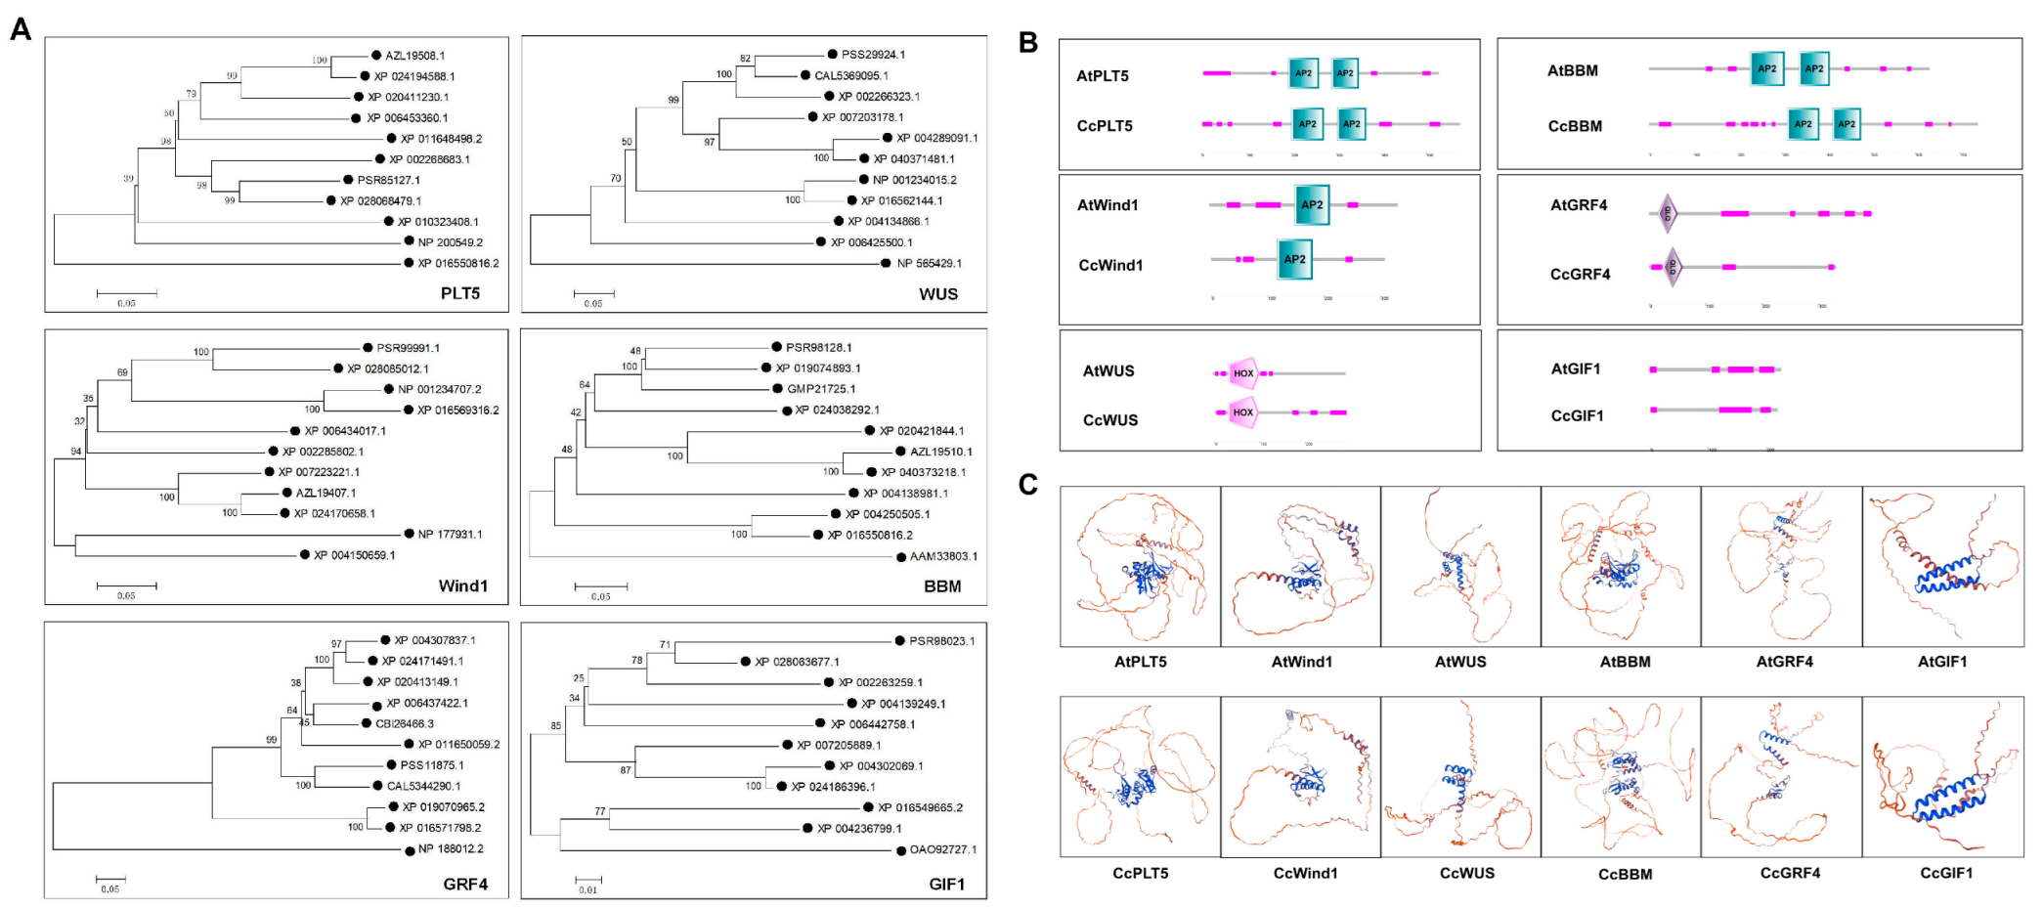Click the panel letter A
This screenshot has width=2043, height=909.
click(x=21, y=29)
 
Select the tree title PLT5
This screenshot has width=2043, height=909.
click(x=459, y=293)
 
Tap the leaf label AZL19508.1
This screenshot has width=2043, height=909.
click(x=414, y=56)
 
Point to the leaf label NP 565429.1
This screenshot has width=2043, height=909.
click(x=929, y=263)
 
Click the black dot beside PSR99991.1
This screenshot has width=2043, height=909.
click(x=368, y=348)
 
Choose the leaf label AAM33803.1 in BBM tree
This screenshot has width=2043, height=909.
click(x=943, y=556)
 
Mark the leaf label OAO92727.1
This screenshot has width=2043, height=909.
click(x=942, y=849)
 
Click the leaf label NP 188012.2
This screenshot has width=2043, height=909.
click(x=451, y=849)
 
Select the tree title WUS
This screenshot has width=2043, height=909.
click(x=938, y=294)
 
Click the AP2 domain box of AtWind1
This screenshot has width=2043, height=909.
click(x=1312, y=205)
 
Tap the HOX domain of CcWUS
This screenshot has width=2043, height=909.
click(x=1242, y=412)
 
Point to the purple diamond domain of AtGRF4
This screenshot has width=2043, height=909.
click(x=1668, y=212)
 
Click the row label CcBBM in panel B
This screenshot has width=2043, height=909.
click(x=1575, y=126)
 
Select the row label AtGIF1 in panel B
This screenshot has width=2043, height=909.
click(x=1576, y=368)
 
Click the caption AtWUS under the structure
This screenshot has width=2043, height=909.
click(x=1460, y=662)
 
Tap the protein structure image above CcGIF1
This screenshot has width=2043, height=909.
click(x=1942, y=777)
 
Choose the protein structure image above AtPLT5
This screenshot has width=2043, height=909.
click(x=1141, y=567)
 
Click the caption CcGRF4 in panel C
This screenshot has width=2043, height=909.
click(x=1790, y=873)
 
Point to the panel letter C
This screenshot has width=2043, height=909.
click(x=1027, y=484)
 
